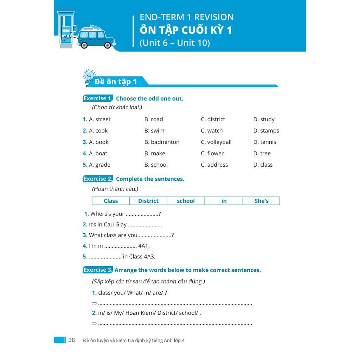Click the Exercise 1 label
coord(98,98)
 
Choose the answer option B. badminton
coord(162,142)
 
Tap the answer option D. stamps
coord(266,130)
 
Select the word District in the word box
coord(148,201)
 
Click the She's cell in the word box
coord(261,201)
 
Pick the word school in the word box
coord(186,201)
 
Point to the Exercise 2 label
coord(98,179)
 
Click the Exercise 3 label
coord(98,270)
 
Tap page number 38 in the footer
coord(72,340)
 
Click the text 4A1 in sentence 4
coord(144,246)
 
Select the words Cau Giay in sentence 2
coord(115,224)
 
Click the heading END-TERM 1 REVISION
coord(186,17)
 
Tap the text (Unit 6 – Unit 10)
coord(175,43)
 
